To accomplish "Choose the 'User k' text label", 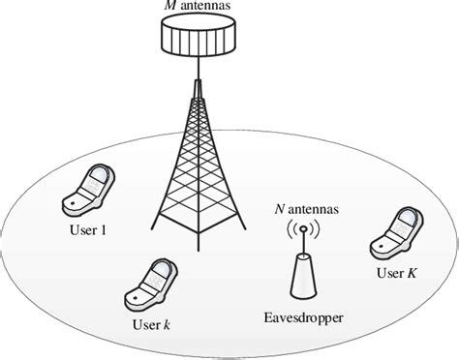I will [154, 323].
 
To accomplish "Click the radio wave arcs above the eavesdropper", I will [301, 231].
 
